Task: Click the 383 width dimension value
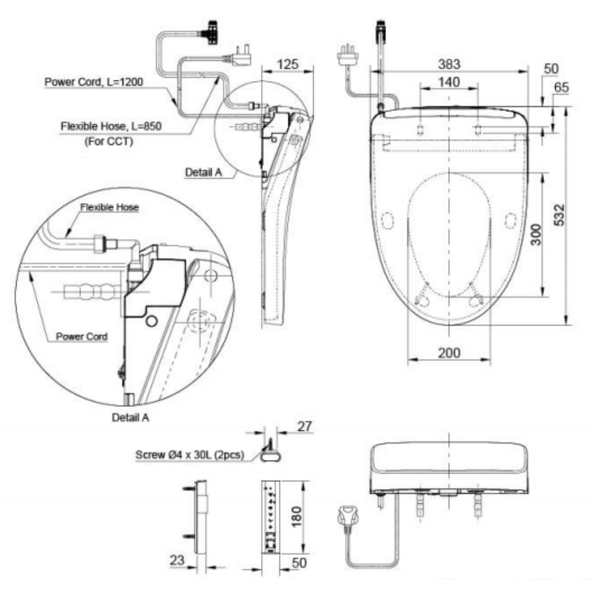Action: tap(449, 64)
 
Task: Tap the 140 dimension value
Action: tap(449, 82)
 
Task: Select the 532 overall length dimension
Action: tap(559, 215)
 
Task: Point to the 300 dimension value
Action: tap(536, 234)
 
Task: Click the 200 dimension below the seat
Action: tap(449, 353)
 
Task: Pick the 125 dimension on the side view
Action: tap(288, 64)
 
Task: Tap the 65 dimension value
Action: tap(561, 88)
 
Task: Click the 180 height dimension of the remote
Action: tap(297, 516)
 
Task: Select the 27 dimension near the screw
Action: tap(305, 426)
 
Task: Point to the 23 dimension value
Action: tap(176, 560)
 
